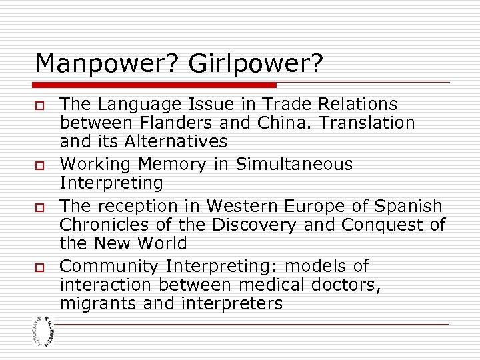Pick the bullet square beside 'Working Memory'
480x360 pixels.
click(x=39, y=165)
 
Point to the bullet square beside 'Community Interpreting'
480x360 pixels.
click(x=39, y=267)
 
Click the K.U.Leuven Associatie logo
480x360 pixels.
click(x=42, y=331)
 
